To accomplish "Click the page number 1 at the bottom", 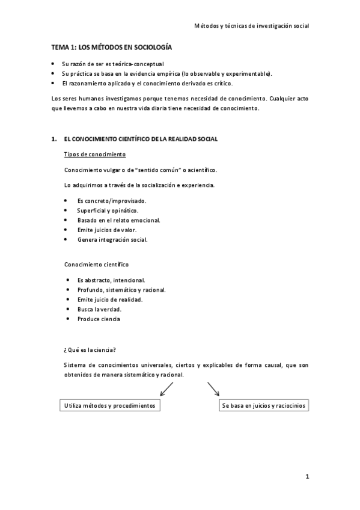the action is click(307, 478).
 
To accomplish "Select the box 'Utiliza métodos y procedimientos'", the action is click(110, 406).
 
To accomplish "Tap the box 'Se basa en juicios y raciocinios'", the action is click(264, 406).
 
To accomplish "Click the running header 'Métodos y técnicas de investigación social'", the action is click(252, 26).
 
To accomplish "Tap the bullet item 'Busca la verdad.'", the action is click(99, 309).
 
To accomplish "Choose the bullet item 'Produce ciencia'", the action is click(99, 319).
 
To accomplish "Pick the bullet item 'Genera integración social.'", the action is click(112, 239).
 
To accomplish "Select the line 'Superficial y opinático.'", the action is click(108, 210).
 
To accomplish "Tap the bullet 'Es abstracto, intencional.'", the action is click(111, 280).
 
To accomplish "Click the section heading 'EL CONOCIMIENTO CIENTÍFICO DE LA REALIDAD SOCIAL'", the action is click(141, 139).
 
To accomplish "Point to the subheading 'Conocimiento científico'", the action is click(96, 264).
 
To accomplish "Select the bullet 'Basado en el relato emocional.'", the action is click(118, 220).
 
